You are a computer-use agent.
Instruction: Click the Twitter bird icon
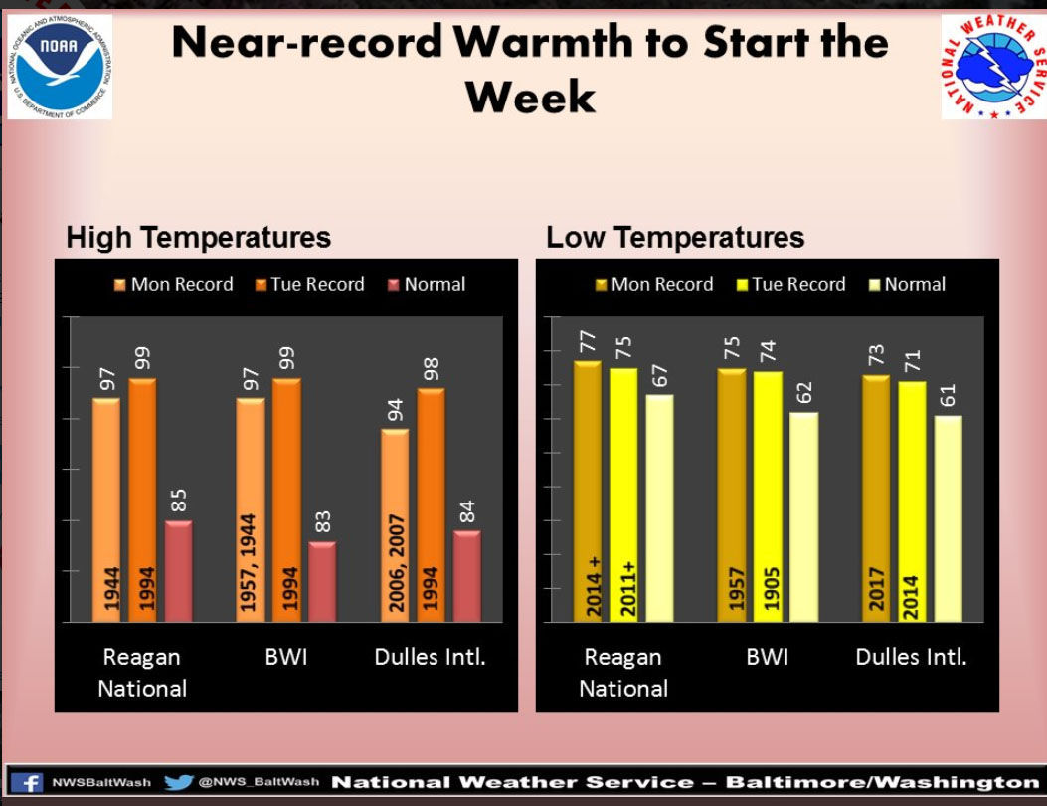pyautogui.click(x=178, y=783)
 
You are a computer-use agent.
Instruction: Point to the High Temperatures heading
pyautogui.click(x=198, y=238)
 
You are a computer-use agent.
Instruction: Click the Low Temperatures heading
pyautogui.click(x=675, y=238)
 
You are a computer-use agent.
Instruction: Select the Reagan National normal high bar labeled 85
pyautogui.click(x=178, y=571)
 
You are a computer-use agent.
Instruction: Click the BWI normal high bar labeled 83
pyautogui.click(x=321, y=581)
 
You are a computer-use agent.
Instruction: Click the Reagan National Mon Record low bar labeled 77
pyautogui.click(x=587, y=492)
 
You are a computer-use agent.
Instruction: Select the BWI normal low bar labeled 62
pyautogui.click(x=803, y=517)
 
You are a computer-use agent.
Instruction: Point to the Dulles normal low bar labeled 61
pyautogui.click(x=948, y=518)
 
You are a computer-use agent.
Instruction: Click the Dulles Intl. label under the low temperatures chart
pyautogui.click(x=911, y=658)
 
